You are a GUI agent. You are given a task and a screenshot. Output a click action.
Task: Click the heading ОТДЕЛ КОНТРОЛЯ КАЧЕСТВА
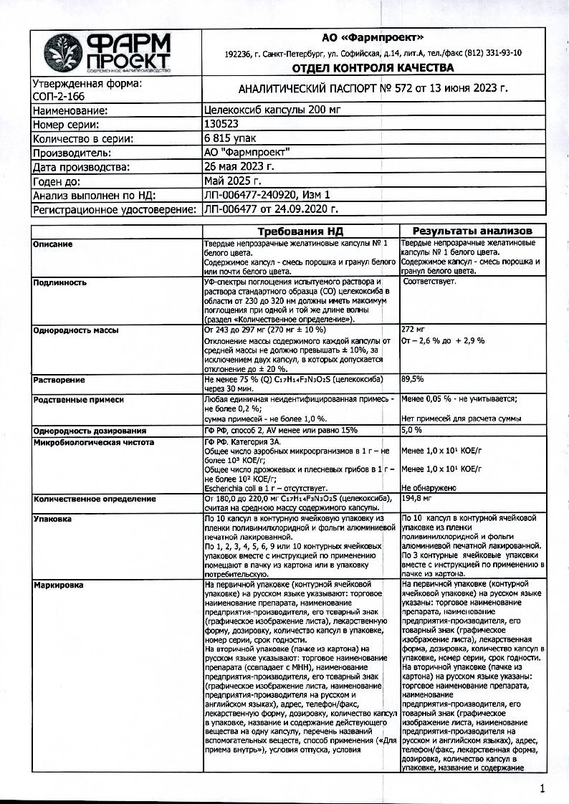373,68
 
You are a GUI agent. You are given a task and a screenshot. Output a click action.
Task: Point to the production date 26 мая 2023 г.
239,167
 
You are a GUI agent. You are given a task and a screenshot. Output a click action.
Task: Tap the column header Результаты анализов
472,231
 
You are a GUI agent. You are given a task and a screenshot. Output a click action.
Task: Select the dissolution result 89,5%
413,378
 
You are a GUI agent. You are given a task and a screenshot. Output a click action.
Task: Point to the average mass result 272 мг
414,329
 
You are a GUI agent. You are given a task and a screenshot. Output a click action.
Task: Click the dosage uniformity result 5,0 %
412,431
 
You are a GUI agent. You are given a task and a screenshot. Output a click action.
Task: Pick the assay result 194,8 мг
416,497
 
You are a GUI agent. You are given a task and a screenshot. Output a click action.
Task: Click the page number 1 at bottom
542,789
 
